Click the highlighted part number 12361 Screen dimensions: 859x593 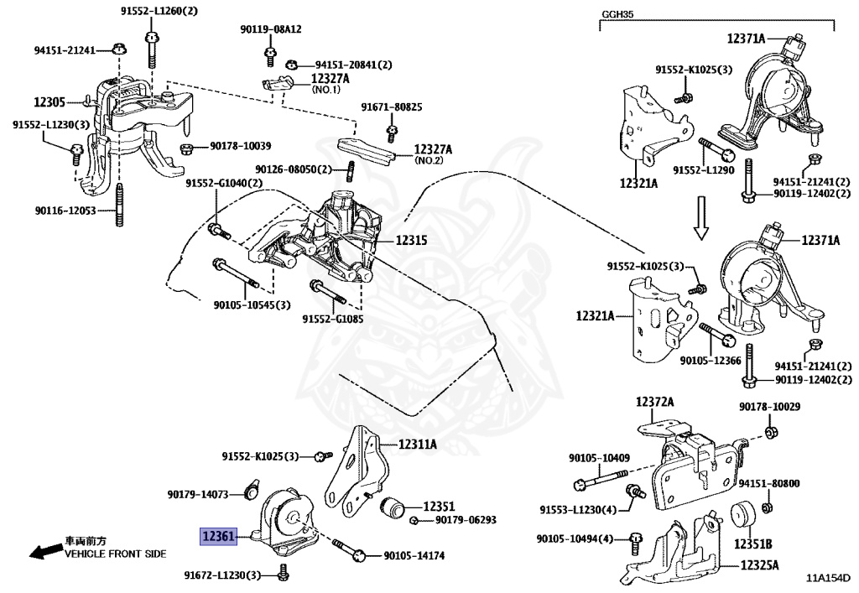[218, 536]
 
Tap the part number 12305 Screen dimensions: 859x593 [49, 102]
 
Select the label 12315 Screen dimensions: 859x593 [411, 241]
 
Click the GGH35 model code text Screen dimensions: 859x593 [617, 14]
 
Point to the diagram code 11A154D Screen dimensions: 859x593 [827, 578]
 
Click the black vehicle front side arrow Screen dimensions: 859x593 [46, 549]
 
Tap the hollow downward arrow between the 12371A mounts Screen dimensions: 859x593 [701, 218]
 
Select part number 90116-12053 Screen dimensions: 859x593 [65, 211]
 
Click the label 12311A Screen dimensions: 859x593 [418, 444]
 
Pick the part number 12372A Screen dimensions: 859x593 [654, 403]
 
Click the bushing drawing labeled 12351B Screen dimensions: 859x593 [743, 516]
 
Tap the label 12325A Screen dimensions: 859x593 [759, 564]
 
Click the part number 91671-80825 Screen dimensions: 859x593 [392, 107]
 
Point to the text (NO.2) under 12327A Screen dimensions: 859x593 [429, 161]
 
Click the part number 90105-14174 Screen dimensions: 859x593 [414, 556]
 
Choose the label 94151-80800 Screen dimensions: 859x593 [769, 483]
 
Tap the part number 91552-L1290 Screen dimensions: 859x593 [704, 170]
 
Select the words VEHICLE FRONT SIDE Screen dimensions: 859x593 [116, 554]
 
